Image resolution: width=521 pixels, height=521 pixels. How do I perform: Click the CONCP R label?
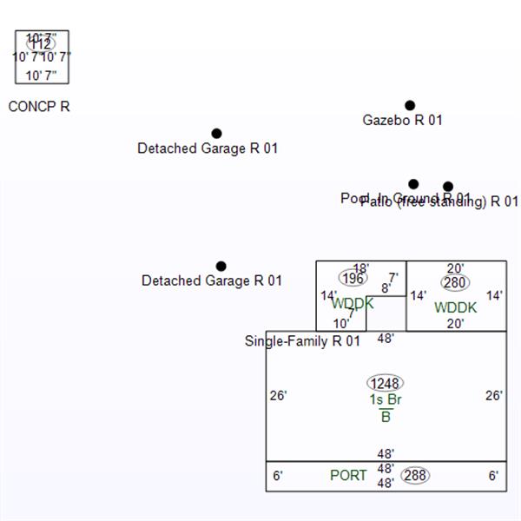(x=39, y=107)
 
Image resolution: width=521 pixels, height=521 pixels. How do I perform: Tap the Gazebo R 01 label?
(x=402, y=121)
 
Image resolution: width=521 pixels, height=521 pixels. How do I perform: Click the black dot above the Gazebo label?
(x=410, y=106)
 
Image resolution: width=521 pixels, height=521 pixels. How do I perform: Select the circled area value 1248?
(x=386, y=384)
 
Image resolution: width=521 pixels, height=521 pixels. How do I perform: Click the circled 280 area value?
(x=455, y=282)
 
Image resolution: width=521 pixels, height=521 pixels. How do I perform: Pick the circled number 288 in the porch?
(x=416, y=475)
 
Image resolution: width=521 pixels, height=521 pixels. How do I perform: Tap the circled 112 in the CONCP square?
(x=41, y=43)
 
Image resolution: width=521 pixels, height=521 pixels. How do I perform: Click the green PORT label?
(x=348, y=476)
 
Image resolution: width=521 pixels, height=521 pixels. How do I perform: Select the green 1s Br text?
(x=386, y=400)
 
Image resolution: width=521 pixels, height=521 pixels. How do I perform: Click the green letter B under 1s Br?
(x=386, y=417)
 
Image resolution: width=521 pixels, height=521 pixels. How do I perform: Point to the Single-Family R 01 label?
(x=302, y=341)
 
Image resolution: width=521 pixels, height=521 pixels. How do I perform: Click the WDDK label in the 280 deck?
(x=456, y=307)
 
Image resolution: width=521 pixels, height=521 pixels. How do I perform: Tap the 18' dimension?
(x=361, y=268)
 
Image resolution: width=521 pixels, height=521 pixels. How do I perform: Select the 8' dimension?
(x=386, y=288)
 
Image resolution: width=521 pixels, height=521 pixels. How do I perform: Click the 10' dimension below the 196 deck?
(x=341, y=324)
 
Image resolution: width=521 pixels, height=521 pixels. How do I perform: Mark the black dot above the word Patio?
(x=448, y=187)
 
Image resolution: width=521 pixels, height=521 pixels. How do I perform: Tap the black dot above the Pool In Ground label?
(x=413, y=184)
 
